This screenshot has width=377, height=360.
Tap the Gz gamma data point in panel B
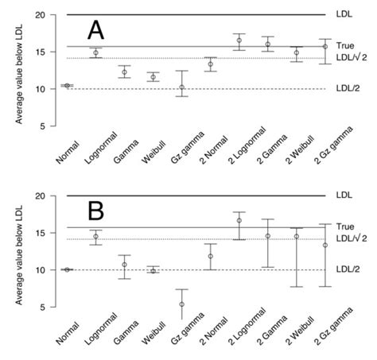181,304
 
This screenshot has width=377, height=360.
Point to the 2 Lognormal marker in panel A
239,41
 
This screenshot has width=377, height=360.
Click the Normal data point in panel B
67,269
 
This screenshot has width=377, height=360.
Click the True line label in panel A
345,46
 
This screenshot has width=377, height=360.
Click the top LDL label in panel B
344,195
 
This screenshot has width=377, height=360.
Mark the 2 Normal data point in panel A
210,64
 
